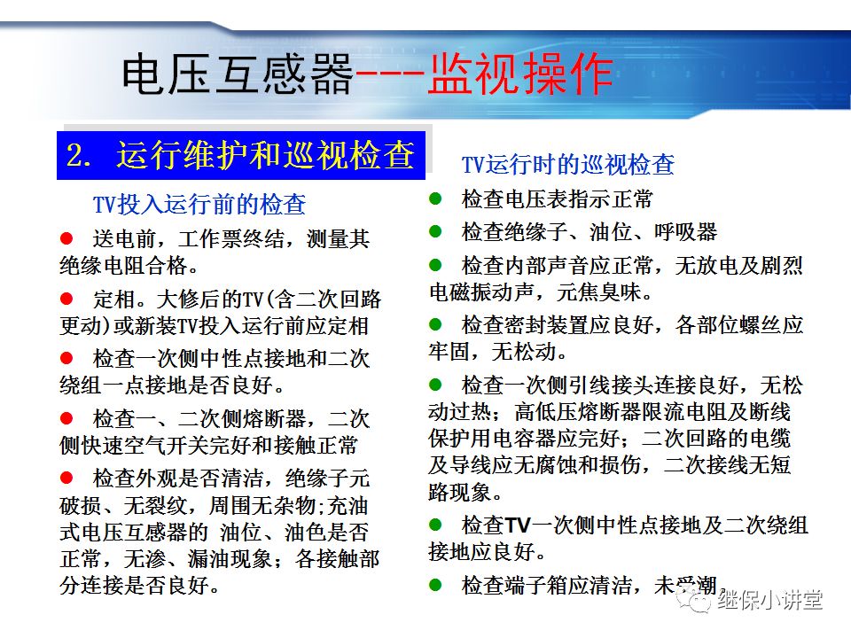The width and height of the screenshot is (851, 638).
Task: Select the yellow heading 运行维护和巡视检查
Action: pyautogui.click(x=265, y=156)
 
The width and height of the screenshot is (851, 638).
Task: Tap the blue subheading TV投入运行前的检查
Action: pyautogui.click(x=199, y=205)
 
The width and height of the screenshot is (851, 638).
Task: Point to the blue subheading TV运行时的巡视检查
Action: pyautogui.click(x=568, y=165)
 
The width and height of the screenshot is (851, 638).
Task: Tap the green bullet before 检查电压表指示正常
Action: pyautogui.click(x=435, y=198)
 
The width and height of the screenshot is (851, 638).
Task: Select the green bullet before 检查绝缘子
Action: pyautogui.click(x=435, y=232)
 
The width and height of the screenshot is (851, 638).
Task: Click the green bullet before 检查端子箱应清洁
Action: pyautogui.click(x=435, y=585)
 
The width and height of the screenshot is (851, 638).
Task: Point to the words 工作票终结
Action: pyautogui.click(x=231, y=239)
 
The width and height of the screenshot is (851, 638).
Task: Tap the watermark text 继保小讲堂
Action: pyautogui.click(x=770, y=601)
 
